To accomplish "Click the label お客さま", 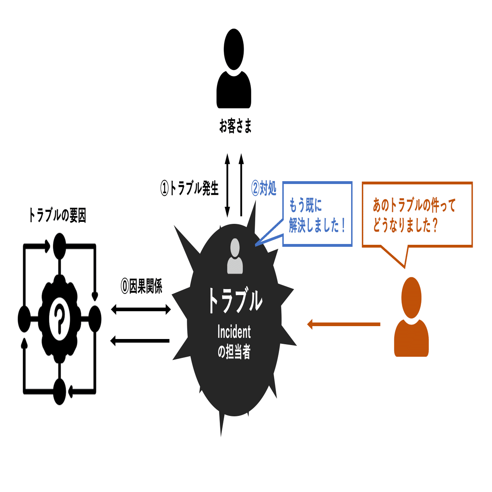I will click(236, 126).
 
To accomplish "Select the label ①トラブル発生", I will click(190, 188).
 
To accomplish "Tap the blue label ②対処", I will click(264, 188).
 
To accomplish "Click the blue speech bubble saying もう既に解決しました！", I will click(317, 214).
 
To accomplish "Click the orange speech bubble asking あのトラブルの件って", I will click(417, 214).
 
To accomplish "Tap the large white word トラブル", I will click(235, 300).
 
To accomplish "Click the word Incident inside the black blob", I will click(234, 332).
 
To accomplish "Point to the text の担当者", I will click(234, 352).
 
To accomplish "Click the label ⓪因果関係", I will click(141, 286).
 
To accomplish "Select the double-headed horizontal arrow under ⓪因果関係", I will click(141, 309).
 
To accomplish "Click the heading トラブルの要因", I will click(58, 215).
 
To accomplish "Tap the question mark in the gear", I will click(60, 318).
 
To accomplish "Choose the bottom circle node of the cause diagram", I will click(60, 391).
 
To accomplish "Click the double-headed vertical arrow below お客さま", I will click(227, 185).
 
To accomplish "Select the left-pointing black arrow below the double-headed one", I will click(140, 341).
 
